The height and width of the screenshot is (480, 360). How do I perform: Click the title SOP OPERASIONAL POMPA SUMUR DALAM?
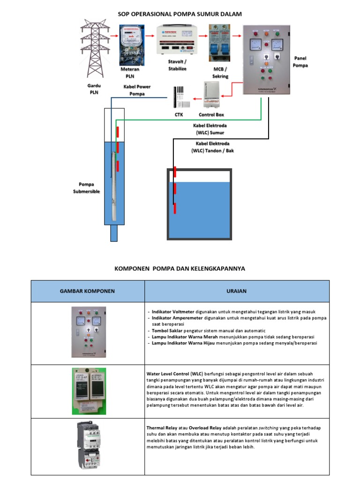[180, 15]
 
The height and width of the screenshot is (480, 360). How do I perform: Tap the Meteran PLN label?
[130, 72]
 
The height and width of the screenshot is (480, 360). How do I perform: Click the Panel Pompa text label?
[300, 62]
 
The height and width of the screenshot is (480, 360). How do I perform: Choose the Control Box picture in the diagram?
[211, 95]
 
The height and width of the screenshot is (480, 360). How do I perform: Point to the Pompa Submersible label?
[86, 188]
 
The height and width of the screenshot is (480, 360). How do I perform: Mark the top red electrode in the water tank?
[174, 172]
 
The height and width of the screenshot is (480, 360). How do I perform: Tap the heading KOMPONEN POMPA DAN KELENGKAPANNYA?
[180, 269]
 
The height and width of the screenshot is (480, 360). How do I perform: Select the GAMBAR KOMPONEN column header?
[87, 291]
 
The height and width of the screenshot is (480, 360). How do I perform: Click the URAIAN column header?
[237, 291]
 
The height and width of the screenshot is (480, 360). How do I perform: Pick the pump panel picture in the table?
[88, 332]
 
